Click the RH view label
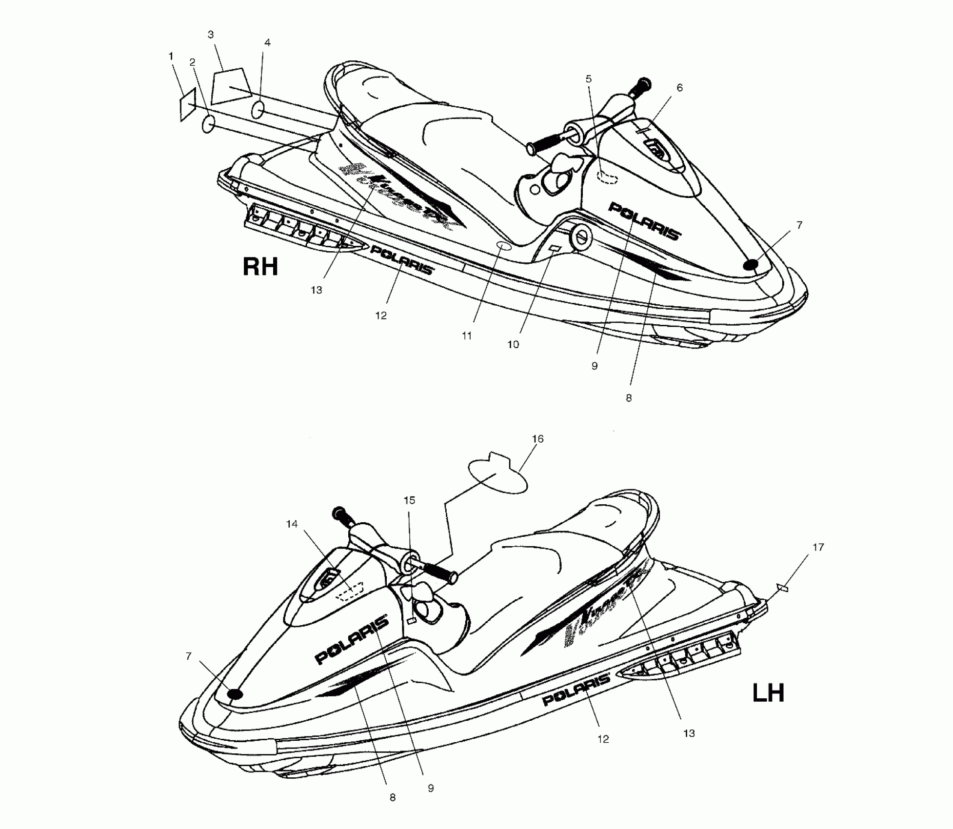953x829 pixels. (260, 267)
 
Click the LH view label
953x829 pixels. (768, 693)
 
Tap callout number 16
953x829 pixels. (537, 439)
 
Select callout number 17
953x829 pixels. (818, 547)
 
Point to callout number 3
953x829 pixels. (211, 35)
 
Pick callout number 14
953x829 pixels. (292, 524)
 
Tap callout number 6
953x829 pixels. (679, 88)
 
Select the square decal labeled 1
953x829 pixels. (188, 104)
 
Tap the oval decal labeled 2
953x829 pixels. (209, 125)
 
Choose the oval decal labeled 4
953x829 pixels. (258, 110)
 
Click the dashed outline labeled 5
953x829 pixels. (608, 177)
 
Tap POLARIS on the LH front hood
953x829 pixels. (352, 639)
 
